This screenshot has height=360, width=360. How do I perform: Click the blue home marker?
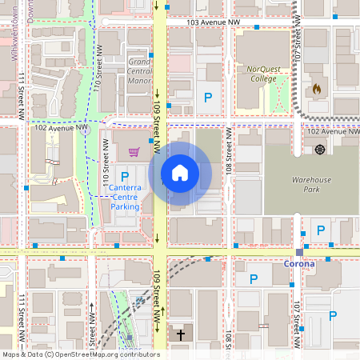coord(179,173)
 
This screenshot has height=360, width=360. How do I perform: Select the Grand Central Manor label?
coord(139,71)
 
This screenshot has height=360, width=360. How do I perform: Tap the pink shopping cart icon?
coord(134,151)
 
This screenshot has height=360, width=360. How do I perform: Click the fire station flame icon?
coord(317,89)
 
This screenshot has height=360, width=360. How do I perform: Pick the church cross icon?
coord(181,334)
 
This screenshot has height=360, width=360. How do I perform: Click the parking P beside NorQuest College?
coord(208,98)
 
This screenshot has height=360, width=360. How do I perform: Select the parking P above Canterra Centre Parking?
coord(124,176)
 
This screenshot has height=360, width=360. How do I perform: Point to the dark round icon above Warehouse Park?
coord(320,150)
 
